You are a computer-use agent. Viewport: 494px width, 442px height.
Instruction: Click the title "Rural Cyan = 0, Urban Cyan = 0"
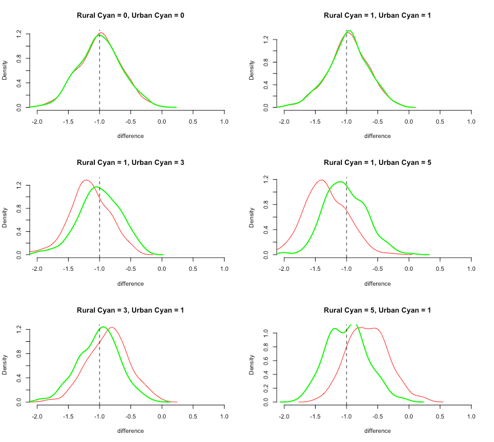pos(130,15)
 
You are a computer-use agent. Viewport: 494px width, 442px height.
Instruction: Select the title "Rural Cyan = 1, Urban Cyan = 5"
pos(377,163)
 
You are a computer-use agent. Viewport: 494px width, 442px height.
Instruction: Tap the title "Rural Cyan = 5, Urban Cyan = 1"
pos(377,310)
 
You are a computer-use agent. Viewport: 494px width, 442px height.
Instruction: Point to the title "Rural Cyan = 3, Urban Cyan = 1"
pos(130,310)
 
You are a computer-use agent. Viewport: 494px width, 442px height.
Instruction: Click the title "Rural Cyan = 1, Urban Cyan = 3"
pos(130,163)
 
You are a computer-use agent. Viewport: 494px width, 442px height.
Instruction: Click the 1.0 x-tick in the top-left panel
pos(224,121)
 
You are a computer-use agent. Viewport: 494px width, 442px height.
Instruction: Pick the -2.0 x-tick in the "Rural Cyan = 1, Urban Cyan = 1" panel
pos(284,121)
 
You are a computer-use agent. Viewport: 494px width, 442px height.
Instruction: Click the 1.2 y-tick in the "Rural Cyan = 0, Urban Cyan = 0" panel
pos(19,34)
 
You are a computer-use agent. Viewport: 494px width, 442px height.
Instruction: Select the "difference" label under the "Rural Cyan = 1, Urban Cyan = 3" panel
pos(130,283)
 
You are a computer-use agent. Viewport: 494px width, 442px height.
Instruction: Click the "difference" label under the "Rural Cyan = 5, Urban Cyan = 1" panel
pos(377,431)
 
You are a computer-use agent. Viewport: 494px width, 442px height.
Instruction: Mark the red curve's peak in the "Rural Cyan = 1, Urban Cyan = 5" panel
pos(321,180)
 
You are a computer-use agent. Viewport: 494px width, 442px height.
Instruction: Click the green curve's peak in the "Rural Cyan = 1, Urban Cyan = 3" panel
pos(99,187)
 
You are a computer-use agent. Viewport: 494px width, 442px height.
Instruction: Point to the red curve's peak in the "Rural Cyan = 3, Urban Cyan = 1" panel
pos(112,327)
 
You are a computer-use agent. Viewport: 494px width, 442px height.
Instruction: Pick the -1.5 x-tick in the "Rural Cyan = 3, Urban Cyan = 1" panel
pos(68,417)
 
